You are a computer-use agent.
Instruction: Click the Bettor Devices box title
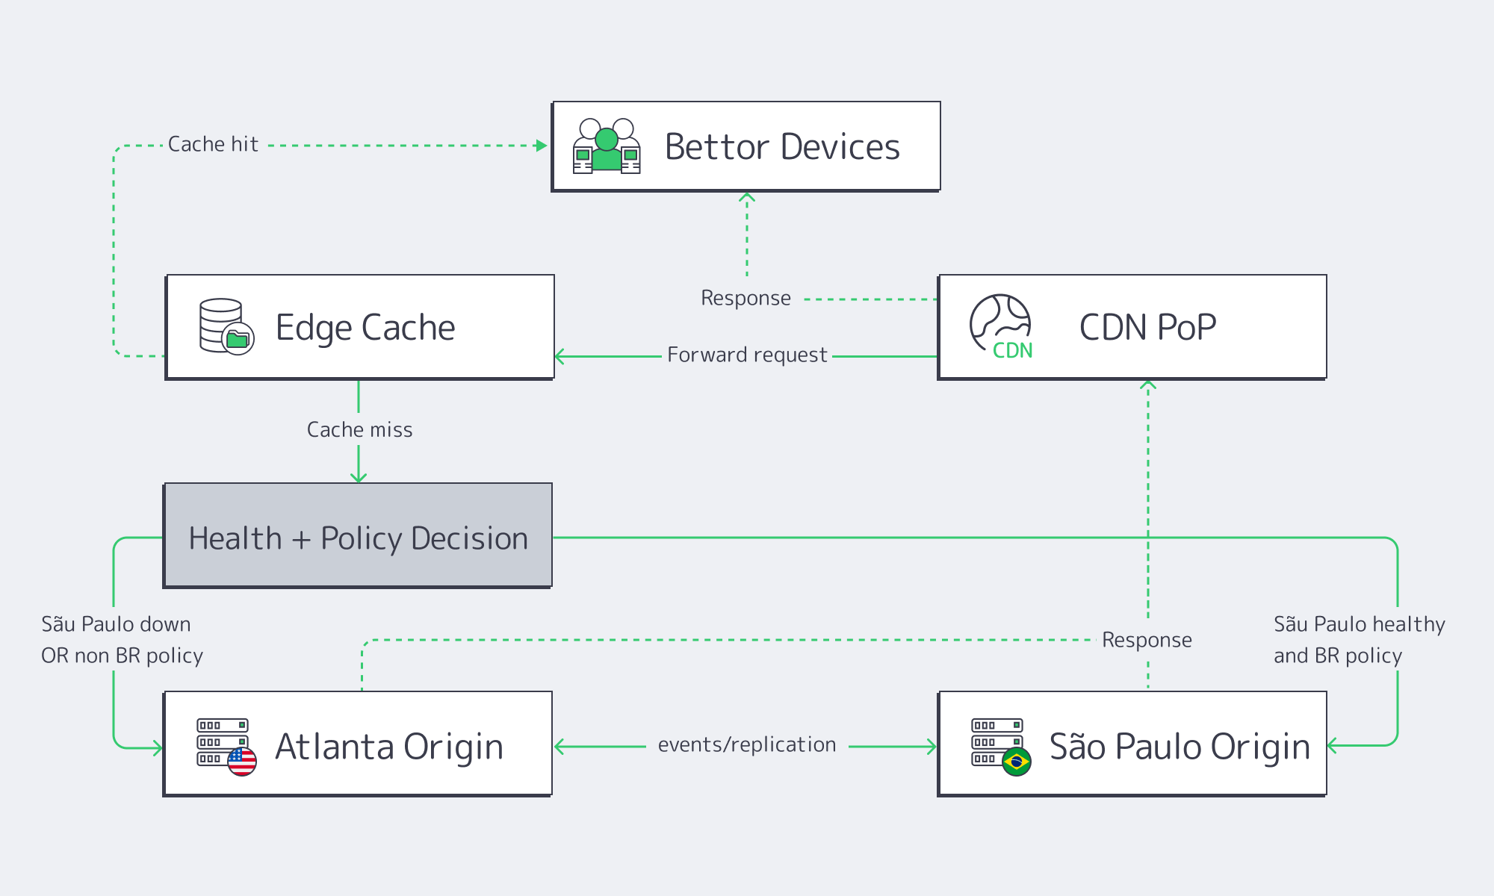point(782,146)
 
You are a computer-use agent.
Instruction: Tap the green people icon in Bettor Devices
point(607,147)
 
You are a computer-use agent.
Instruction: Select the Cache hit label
point(213,144)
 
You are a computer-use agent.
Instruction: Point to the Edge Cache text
point(365,327)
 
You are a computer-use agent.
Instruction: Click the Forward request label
point(747,355)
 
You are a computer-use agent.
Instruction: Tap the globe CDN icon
point(1001,326)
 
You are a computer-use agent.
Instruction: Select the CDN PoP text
point(1147,327)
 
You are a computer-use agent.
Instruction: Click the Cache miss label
point(359,430)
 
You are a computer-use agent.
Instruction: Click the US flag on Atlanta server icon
point(242,762)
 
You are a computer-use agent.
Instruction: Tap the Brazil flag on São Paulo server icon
point(1016,762)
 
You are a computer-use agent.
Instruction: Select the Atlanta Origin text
point(389,747)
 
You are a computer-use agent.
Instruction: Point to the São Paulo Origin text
point(1180,747)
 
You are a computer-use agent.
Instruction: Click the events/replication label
point(747,744)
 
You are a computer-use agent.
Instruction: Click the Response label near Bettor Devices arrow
point(746,298)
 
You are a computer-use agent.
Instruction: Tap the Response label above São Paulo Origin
point(1147,640)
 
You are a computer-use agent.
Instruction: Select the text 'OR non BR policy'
point(122,656)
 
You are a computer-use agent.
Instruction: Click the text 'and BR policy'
point(1337,656)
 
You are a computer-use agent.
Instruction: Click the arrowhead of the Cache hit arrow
point(542,146)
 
